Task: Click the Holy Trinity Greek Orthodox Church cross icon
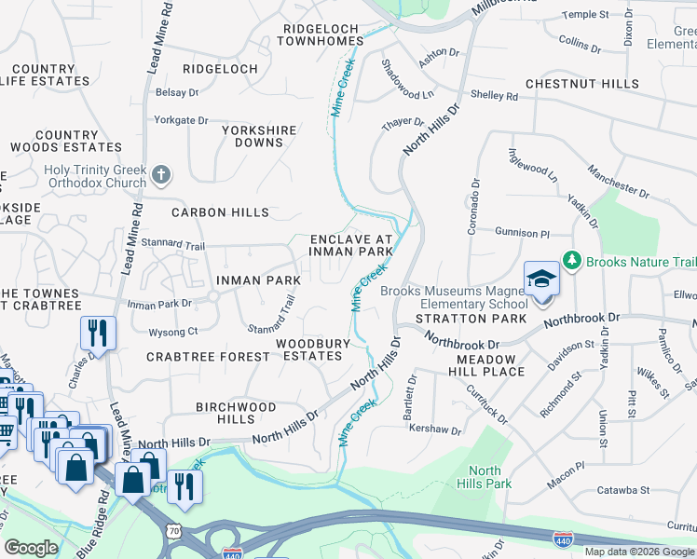tap(161, 174)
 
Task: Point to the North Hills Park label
tap(490, 477)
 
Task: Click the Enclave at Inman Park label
tap(351, 245)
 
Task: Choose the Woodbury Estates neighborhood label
tap(313, 349)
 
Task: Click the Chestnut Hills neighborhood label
tap(582, 84)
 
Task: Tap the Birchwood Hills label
tap(236, 413)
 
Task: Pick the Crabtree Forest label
tap(209, 357)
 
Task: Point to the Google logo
tap(31, 548)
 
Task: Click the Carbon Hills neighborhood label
tap(220, 212)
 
